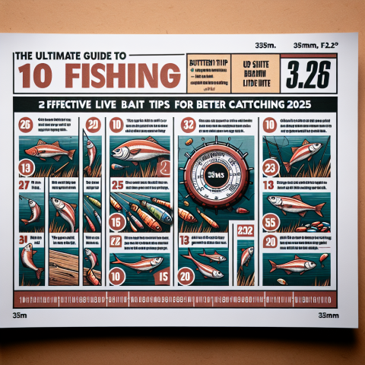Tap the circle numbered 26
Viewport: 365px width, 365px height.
pyautogui.click(x=25, y=126)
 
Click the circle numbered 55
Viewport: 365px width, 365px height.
pyautogui.click(x=268, y=222)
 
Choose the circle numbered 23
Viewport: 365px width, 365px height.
pyautogui.click(x=268, y=170)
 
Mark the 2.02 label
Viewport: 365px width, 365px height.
pyautogui.click(x=245, y=231)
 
